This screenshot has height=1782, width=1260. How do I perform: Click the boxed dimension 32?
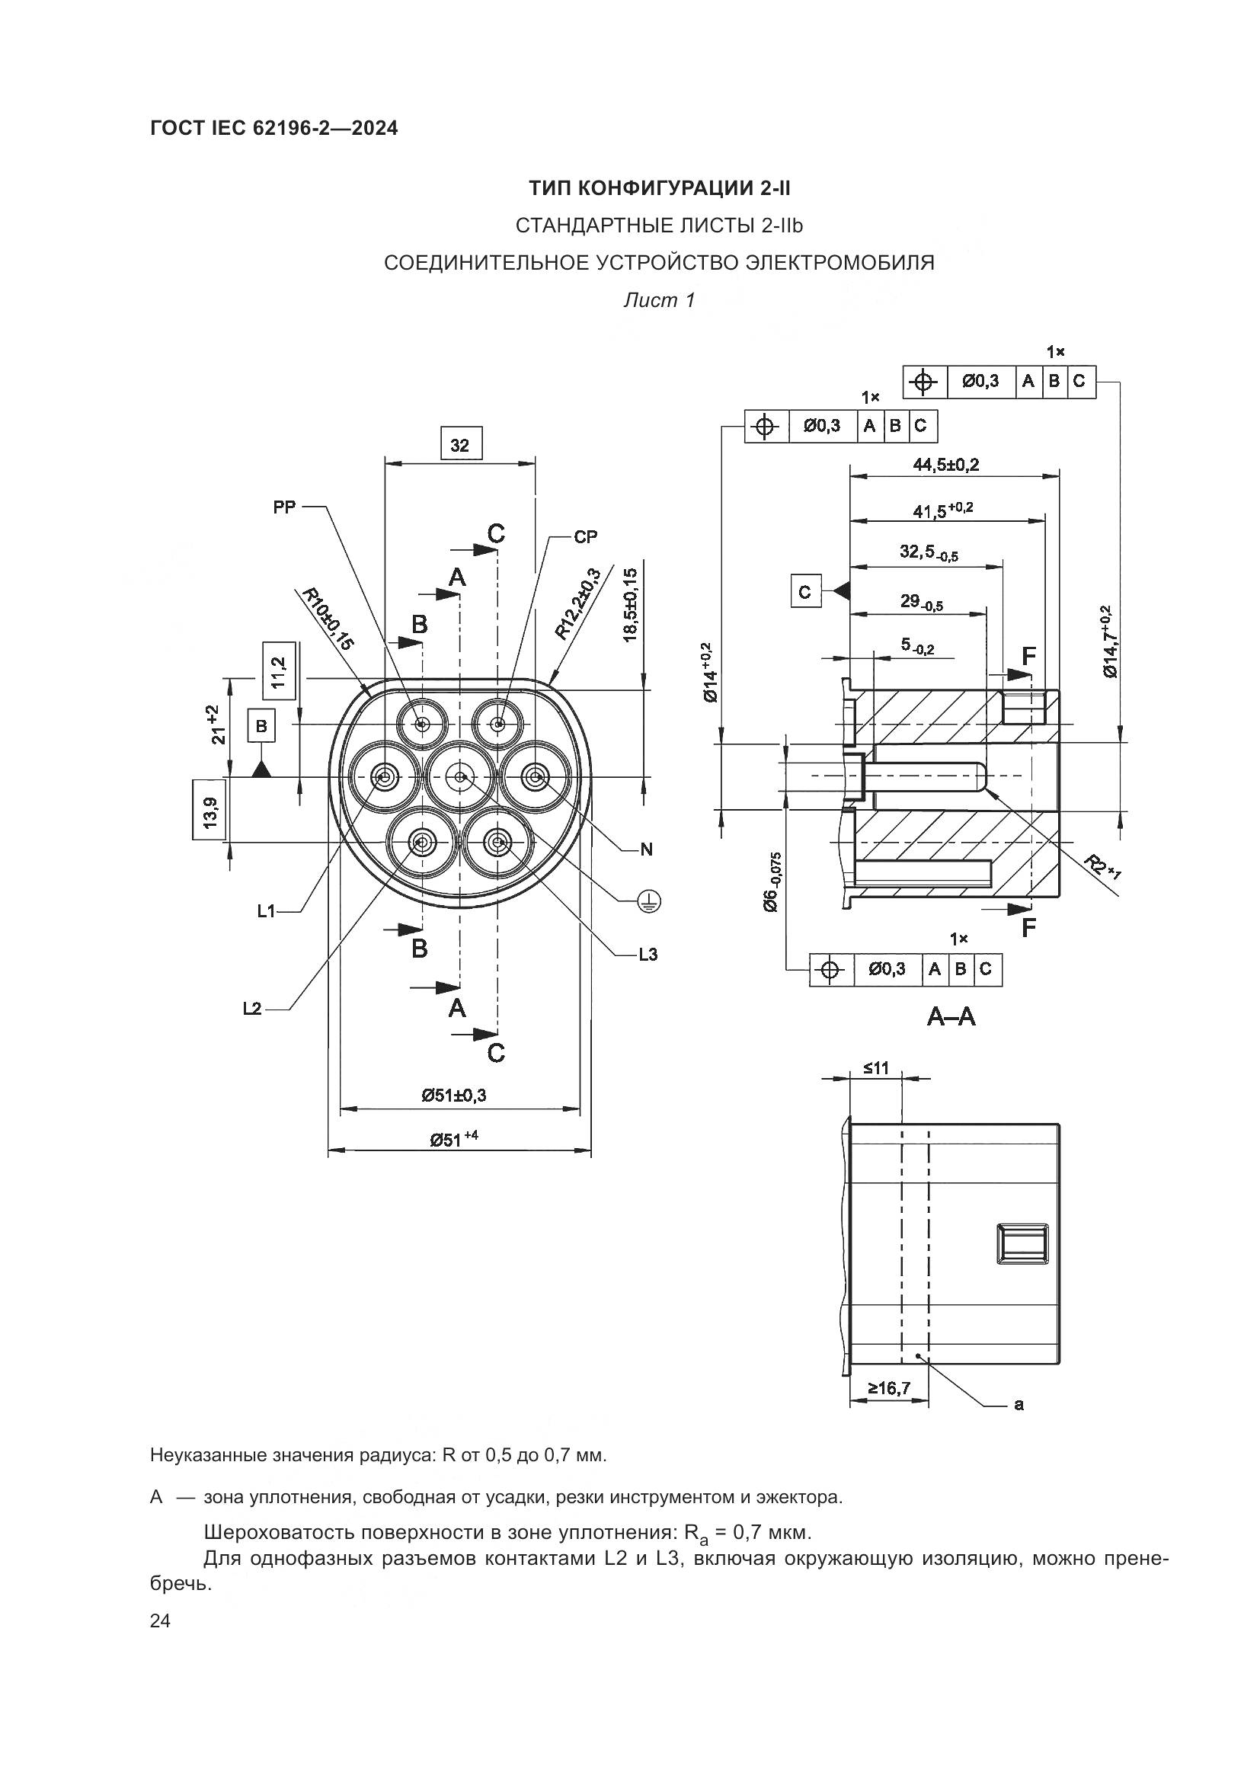(460, 445)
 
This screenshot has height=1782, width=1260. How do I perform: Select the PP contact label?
(285, 507)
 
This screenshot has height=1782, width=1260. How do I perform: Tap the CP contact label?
(586, 536)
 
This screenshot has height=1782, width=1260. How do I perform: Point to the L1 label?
(267, 911)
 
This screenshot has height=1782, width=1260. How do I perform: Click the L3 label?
(648, 954)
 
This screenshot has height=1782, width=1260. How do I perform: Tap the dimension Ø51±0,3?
(455, 1094)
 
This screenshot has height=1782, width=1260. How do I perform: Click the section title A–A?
(951, 1016)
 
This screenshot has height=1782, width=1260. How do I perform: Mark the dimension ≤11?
(876, 1069)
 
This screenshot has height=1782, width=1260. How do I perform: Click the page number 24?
(161, 1620)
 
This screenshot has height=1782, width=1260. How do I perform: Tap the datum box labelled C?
(805, 592)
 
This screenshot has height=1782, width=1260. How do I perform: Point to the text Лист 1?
(659, 299)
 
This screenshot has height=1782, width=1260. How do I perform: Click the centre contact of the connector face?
(460, 777)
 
